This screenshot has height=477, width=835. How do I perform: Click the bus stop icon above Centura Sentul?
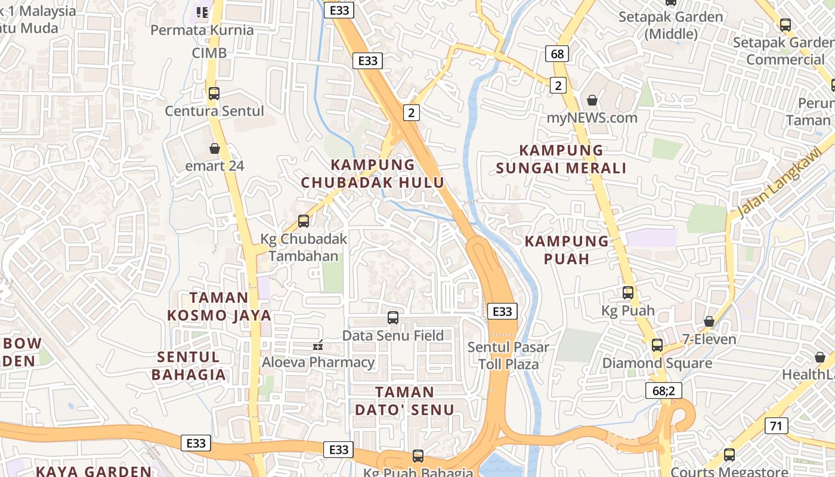click(214, 94)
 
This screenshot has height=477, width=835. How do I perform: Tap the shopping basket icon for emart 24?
click(215, 148)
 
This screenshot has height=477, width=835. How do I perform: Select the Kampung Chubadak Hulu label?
click(373, 174)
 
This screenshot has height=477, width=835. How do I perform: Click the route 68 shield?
click(557, 54)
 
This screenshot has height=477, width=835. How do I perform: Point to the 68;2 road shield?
click(663, 391)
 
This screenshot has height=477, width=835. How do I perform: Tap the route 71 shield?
click(776, 426)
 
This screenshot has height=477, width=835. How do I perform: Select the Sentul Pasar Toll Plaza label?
click(508, 355)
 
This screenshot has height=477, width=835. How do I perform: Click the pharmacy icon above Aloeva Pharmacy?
click(318, 345)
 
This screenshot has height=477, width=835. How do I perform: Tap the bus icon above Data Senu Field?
click(393, 318)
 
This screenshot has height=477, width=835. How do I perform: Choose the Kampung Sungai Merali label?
click(561, 159)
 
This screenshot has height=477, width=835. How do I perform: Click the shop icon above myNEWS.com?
click(592, 100)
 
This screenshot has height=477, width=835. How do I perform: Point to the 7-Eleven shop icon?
click(709, 322)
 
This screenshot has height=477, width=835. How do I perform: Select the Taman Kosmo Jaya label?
click(219, 306)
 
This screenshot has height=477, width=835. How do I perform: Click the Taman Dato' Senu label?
click(405, 401)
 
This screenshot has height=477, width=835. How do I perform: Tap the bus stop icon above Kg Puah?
click(628, 293)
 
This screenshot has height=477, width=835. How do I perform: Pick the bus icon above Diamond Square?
click(657, 345)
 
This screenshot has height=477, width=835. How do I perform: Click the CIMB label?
click(209, 53)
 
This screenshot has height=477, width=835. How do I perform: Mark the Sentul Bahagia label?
click(188, 366)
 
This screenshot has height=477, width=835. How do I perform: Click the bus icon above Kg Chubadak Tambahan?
click(304, 221)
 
